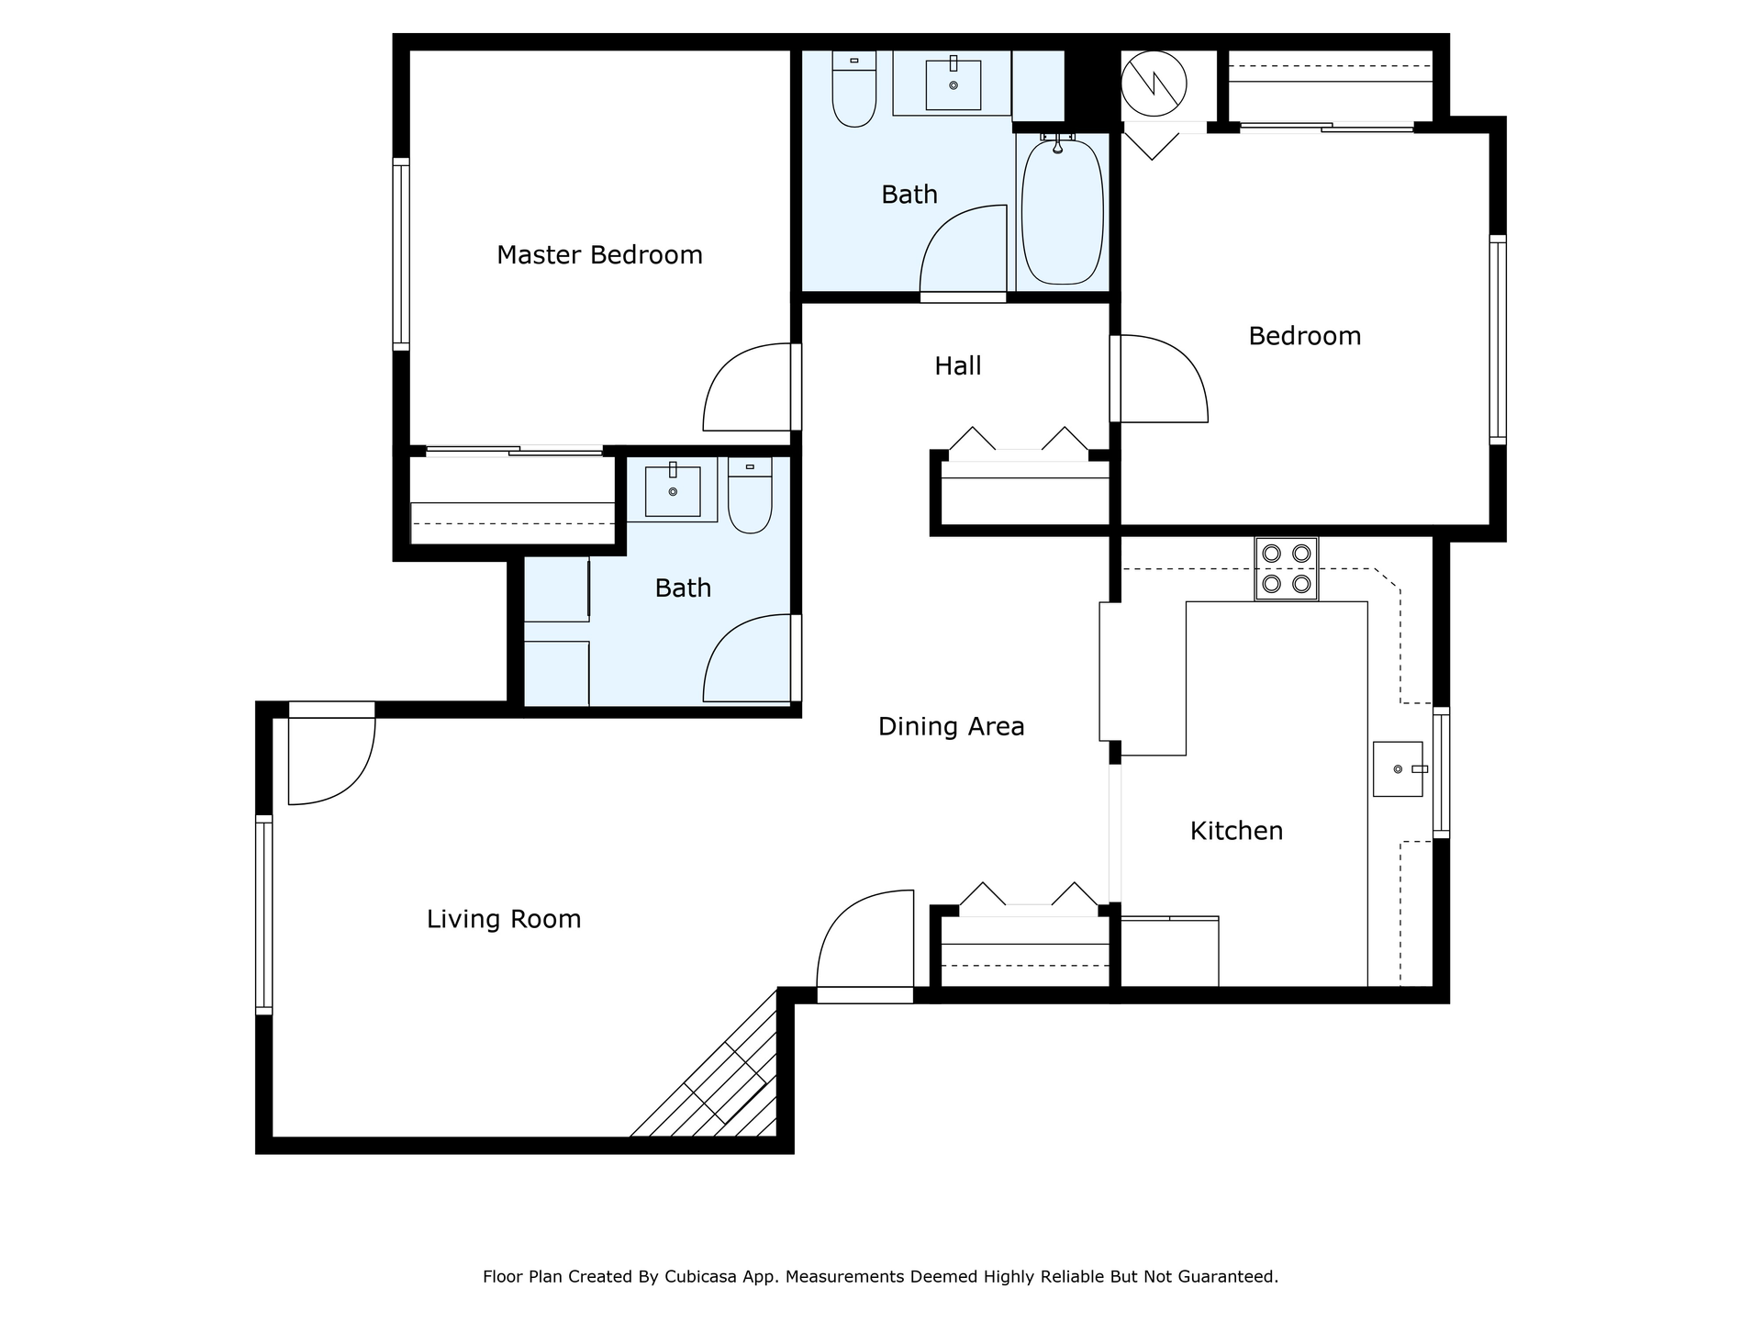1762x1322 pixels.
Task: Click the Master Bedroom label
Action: click(x=599, y=255)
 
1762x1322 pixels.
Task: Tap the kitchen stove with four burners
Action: click(x=1287, y=569)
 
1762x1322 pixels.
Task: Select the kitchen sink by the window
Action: click(x=1398, y=769)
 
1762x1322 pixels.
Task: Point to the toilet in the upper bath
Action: click(x=853, y=89)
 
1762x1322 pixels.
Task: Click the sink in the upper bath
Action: click(x=953, y=85)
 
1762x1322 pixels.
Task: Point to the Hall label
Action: click(x=957, y=366)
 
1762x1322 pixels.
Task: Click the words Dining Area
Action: click(x=951, y=727)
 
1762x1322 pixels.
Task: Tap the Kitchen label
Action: click(x=1236, y=831)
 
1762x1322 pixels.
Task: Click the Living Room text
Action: click(x=504, y=919)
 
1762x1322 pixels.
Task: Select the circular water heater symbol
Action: click(x=1154, y=84)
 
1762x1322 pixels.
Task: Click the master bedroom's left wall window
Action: click(x=401, y=254)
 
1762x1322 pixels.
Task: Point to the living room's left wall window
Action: click(x=264, y=914)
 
